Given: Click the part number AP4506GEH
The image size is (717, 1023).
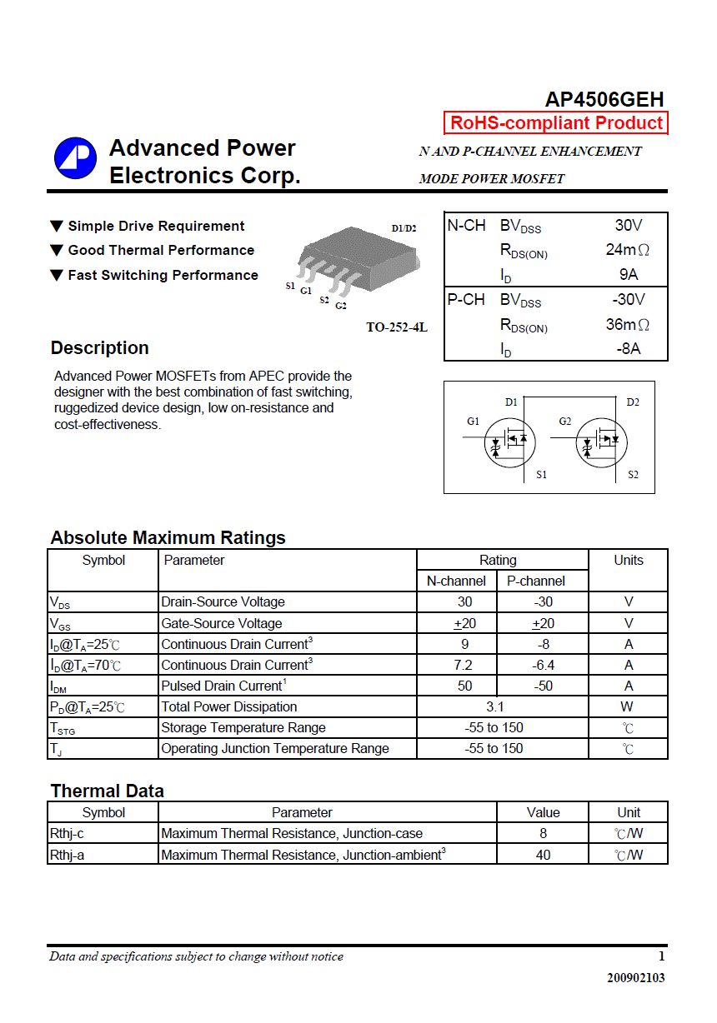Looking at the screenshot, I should coord(604,99).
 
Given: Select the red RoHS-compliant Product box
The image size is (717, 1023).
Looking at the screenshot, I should coord(556,123).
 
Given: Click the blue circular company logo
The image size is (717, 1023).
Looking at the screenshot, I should coord(76,158).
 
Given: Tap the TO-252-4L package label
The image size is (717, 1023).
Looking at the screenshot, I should coord(397,327).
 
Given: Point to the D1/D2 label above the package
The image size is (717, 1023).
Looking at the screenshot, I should coord(404,228).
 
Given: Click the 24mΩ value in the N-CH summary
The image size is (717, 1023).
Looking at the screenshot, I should coord(627,250).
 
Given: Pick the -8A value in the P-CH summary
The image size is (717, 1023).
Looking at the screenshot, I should coord(629,349).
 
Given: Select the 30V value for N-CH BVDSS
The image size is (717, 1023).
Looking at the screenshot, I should coord(629,225).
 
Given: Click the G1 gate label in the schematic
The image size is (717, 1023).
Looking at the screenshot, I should coord(473,422).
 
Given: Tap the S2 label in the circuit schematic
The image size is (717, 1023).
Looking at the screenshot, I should coord(633,475).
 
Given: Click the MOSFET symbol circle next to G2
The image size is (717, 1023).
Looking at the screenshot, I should coord(601,442).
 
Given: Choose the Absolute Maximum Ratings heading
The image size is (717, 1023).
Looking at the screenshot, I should coord(168,537).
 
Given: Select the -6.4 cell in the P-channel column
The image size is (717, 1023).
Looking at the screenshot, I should coord(543,665).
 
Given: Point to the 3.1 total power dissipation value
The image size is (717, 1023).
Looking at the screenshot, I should coord(495,706).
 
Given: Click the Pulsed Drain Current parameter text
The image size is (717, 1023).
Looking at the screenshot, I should coord(223,686).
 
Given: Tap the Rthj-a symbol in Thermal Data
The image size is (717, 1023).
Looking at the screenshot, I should coord(67,855).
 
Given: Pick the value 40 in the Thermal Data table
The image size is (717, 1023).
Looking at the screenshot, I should coord(543,855).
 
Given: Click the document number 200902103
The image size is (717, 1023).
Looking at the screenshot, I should coord(635,978).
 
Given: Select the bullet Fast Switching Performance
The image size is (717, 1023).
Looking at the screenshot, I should coord(163,275).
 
